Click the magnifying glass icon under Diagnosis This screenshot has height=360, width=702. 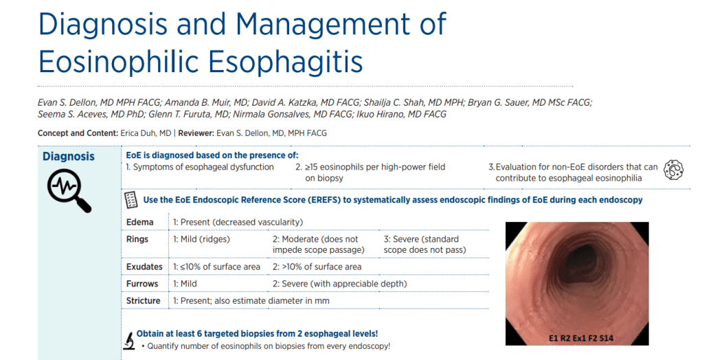[x=69, y=190]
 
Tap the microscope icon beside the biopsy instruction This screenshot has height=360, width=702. [x=129, y=340]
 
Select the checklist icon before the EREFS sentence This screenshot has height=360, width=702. [x=131, y=200]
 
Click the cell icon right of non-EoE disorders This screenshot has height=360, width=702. [x=673, y=170]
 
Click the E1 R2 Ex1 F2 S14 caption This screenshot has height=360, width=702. [x=580, y=337]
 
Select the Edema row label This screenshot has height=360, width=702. [x=139, y=222]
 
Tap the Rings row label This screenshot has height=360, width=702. [x=137, y=239]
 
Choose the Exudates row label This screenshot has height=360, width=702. [x=144, y=267]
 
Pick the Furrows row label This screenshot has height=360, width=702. [x=142, y=284]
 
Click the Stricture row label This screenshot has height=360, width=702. [x=143, y=301]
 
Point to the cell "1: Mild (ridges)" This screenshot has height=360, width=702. [x=201, y=239]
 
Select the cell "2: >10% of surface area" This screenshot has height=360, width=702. [x=317, y=267]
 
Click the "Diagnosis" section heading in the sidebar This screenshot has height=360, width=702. [x=69, y=156]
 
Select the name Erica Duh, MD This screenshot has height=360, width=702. [x=146, y=133]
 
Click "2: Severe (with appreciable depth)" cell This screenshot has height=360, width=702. [x=340, y=284]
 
